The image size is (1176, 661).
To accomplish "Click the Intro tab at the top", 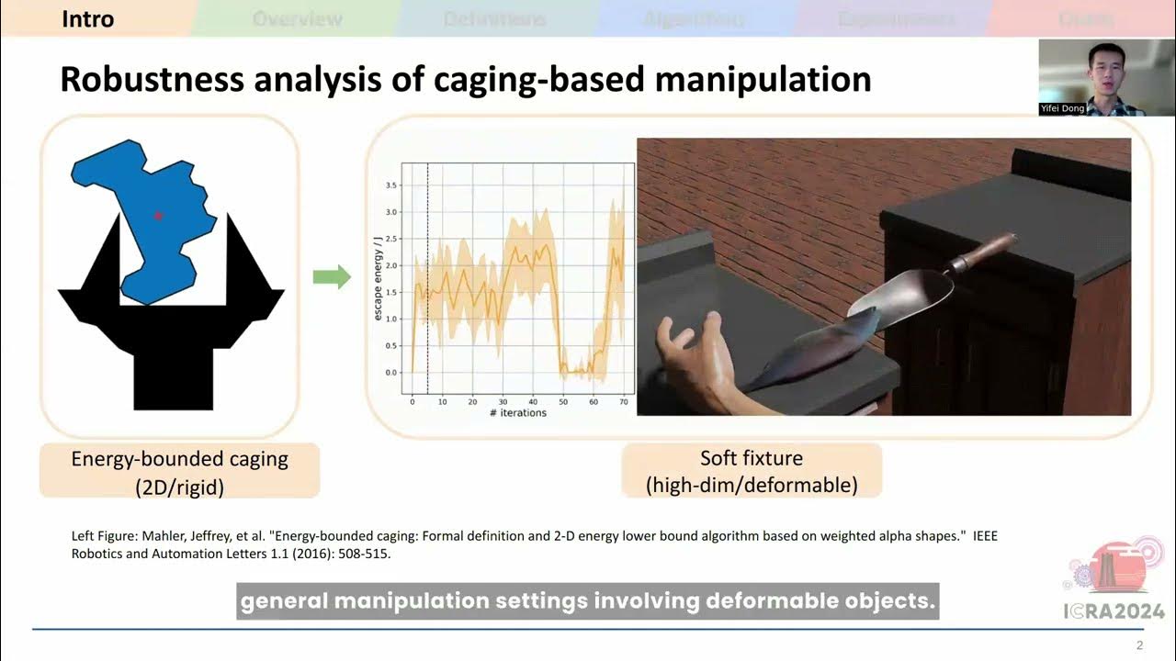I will (88, 18).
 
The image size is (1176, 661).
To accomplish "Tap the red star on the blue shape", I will (158, 216).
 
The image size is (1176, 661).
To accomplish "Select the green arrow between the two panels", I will (332, 276).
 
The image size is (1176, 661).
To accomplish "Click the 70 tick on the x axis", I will (624, 401).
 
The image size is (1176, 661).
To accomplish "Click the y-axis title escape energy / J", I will (379, 277).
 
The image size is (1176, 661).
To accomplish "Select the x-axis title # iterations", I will (517, 413).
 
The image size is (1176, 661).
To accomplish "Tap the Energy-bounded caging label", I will (179, 459).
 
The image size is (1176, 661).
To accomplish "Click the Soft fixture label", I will (751, 458).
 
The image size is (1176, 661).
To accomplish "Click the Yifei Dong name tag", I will (1062, 108).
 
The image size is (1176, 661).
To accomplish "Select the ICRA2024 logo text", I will (1114, 611).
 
